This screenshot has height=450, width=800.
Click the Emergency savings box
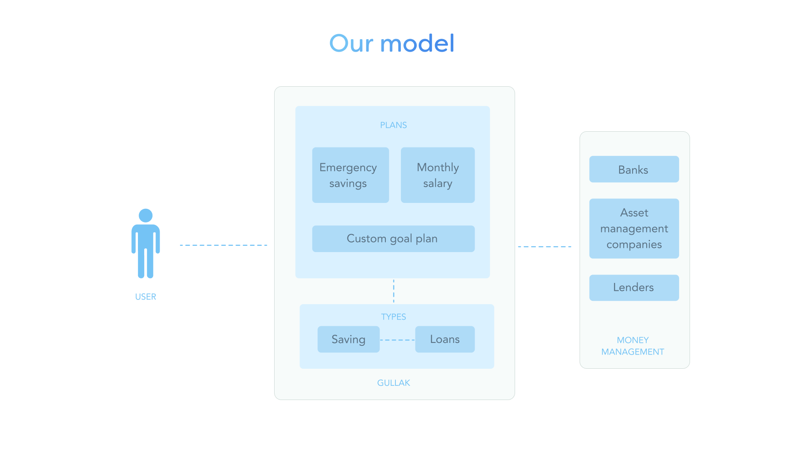350,175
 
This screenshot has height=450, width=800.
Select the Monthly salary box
437,175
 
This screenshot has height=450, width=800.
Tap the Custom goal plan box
393,239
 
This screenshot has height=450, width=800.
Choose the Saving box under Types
348,339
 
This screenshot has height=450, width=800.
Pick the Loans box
445,339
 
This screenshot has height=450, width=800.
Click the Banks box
634,169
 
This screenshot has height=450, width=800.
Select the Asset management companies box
634,228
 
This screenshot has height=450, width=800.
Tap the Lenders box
634,287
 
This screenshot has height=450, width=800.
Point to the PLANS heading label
393,125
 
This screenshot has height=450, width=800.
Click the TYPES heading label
393,317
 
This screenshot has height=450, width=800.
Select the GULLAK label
393,383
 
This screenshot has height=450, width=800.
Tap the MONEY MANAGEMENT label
632,346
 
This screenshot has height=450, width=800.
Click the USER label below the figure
145,297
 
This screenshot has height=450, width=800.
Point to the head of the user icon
145,215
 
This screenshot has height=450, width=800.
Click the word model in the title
417,43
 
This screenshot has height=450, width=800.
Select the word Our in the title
351,43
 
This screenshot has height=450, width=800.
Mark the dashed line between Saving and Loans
397,340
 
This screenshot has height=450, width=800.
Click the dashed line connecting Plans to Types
394,291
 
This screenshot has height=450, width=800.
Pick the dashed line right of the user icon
223,245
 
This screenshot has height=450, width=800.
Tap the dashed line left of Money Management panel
545,247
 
